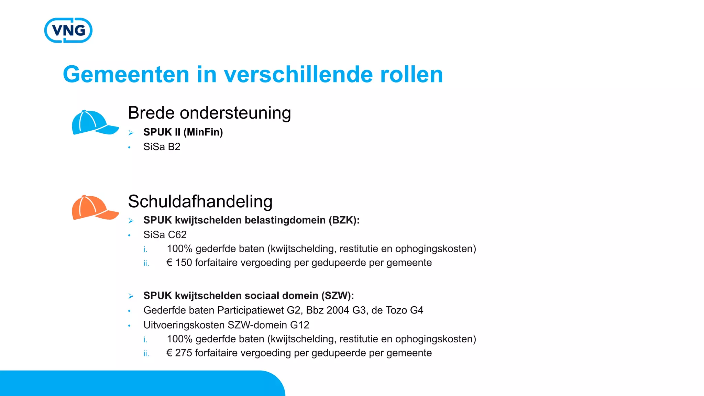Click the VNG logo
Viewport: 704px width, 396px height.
tap(68, 30)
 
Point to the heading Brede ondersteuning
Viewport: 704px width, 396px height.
tap(209, 113)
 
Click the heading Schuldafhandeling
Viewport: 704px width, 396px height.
tap(200, 201)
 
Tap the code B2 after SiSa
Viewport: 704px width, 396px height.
tap(174, 147)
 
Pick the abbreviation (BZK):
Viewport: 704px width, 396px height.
tap(344, 220)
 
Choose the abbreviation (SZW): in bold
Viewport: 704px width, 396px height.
tap(338, 296)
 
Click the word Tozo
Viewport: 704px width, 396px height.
tap(396, 310)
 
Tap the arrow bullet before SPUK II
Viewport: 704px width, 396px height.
tap(131, 133)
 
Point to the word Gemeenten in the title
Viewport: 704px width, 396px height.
tap(126, 75)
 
